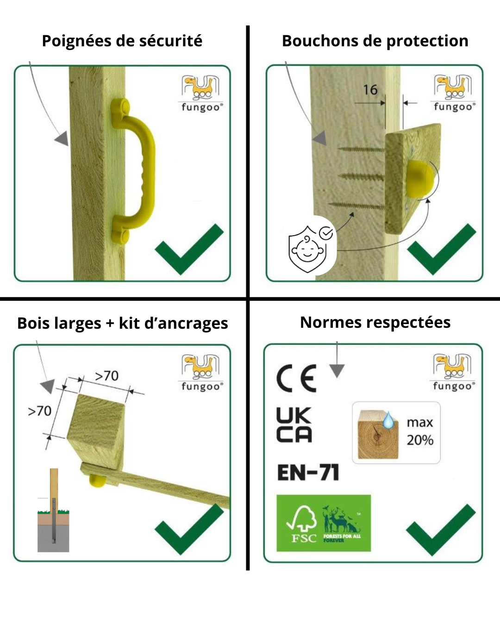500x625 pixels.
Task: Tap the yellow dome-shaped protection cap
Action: tap(420, 178)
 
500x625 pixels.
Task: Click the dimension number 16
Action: tap(370, 90)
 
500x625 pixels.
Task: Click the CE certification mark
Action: tap(297, 378)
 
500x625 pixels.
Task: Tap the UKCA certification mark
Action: tap(294, 425)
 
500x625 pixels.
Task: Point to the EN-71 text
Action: tap(308, 473)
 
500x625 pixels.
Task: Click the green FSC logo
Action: tap(324, 523)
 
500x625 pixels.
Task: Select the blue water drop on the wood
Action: tap(389, 421)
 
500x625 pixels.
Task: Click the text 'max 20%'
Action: tap(420, 431)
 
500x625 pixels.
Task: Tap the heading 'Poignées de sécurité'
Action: tap(122, 41)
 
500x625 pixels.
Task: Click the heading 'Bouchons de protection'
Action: tap(375, 41)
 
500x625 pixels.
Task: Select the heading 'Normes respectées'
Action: tap(375, 323)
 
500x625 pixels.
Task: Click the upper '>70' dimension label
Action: tap(106, 375)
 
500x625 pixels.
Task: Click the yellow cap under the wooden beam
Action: tap(97, 481)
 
